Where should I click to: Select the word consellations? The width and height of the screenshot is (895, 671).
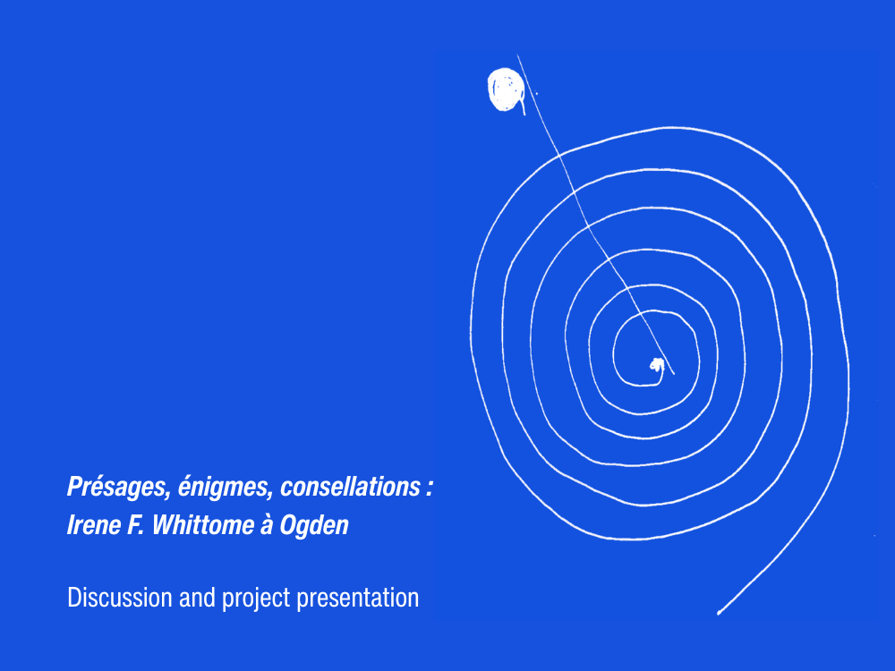(351, 486)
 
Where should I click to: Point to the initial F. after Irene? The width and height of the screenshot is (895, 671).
(135, 525)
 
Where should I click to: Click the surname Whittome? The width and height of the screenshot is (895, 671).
(202, 525)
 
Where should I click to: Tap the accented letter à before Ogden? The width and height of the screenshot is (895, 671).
(266, 525)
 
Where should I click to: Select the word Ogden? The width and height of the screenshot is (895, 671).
(314, 526)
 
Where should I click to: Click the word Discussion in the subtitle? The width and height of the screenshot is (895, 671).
(120, 598)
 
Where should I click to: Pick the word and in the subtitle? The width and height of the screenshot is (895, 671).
(197, 598)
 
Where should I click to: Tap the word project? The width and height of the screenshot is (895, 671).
(256, 599)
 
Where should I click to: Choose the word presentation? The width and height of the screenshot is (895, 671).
(358, 599)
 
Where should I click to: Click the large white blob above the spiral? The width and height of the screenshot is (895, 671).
(506, 89)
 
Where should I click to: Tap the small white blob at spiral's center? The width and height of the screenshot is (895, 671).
(657, 365)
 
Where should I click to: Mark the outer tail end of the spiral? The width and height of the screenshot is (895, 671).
(720, 613)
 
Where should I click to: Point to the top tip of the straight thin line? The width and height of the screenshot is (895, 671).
(517, 55)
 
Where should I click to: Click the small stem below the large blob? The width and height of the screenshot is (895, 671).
(523, 107)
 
